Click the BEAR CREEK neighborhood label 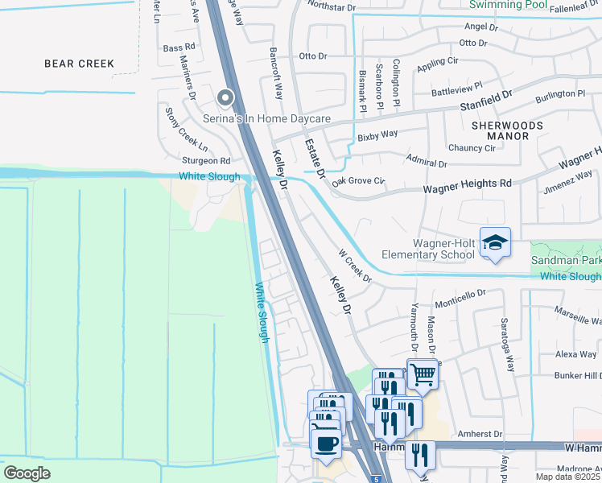click(x=79, y=64)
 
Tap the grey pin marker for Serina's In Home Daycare click(x=225, y=98)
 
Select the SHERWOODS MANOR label click(x=507, y=131)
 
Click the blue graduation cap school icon click(x=495, y=243)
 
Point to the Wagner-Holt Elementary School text click(x=443, y=250)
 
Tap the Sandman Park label click(x=566, y=261)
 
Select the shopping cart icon click(x=423, y=374)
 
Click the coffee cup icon click(x=325, y=444)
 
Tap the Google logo click(x=27, y=473)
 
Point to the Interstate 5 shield click(x=377, y=479)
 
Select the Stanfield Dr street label click(x=474, y=102)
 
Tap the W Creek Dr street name click(x=354, y=266)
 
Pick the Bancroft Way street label click(x=276, y=78)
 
